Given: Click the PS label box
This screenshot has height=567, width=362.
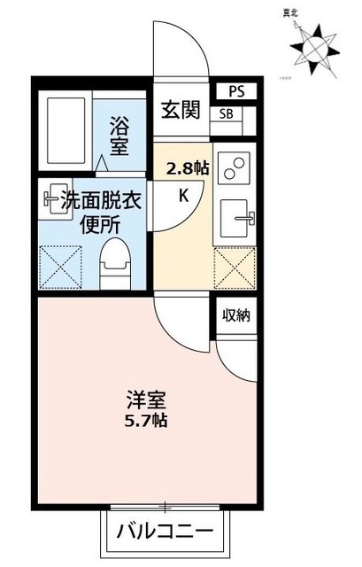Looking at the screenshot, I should point(236,91).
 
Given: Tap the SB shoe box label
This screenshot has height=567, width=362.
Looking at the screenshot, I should point(227,113).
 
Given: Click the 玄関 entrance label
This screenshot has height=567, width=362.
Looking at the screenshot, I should point(181,110).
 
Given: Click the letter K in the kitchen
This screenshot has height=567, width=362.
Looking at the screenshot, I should point(184,197).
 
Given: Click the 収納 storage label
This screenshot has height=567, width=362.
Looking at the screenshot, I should point(236,315).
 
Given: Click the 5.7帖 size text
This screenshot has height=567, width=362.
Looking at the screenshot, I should point(145,419).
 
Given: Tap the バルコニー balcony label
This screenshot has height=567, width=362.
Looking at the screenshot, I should point(165,533).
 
